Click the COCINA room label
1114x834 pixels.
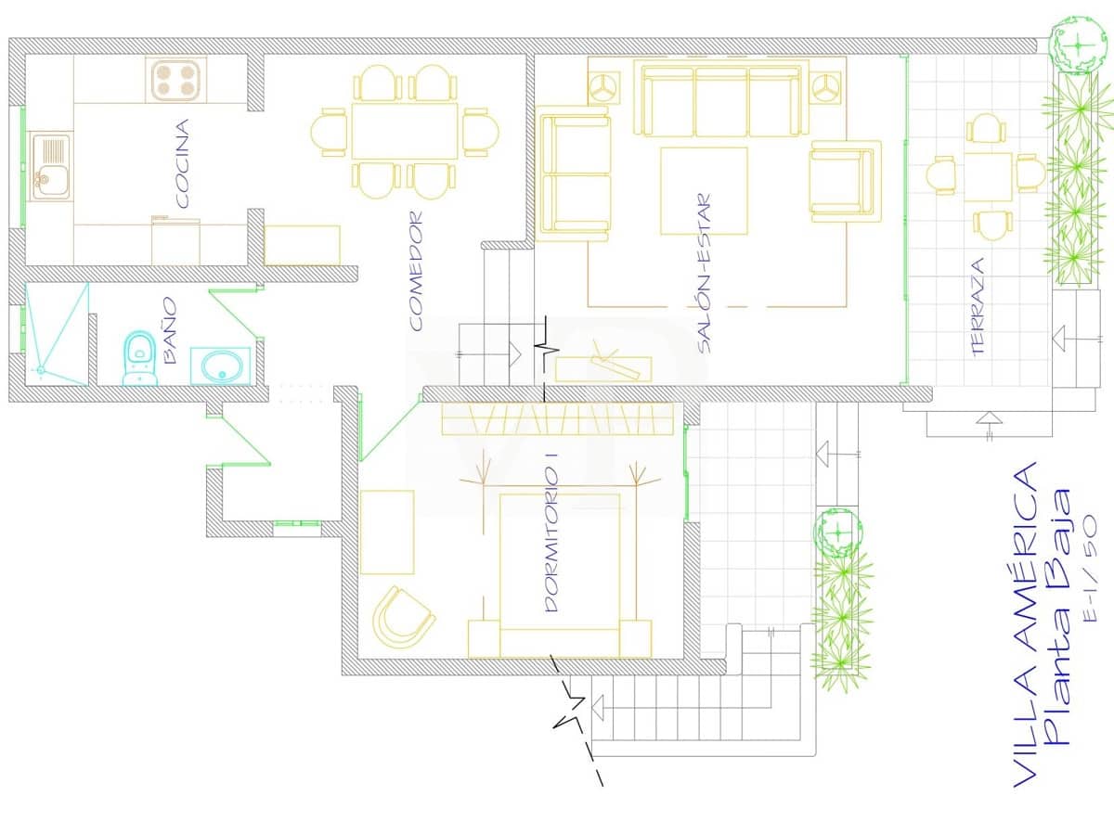[x=182, y=163]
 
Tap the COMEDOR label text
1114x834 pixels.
[x=416, y=271]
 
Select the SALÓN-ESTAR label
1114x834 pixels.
[x=704, y=274]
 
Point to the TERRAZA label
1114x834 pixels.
[x=977, y=307]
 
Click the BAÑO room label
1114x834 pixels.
[x=171, y=330]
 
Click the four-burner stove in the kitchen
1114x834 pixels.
[x=175, y=80]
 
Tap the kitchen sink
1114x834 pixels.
[x=50, y=166]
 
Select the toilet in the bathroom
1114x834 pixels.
[x=139, y=358]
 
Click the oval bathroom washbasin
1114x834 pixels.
[x=221, y=366]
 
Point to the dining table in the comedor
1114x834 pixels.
[x=405, y=131]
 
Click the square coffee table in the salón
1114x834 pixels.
[x=704, y=191]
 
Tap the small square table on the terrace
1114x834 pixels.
[x=988, y=177]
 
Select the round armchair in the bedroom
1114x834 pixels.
[x=404, y=617]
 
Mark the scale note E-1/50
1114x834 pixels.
[x=1090, y=569]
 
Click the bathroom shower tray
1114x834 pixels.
[x=57, y=334]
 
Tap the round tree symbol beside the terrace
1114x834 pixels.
[x=1078, y=45]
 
